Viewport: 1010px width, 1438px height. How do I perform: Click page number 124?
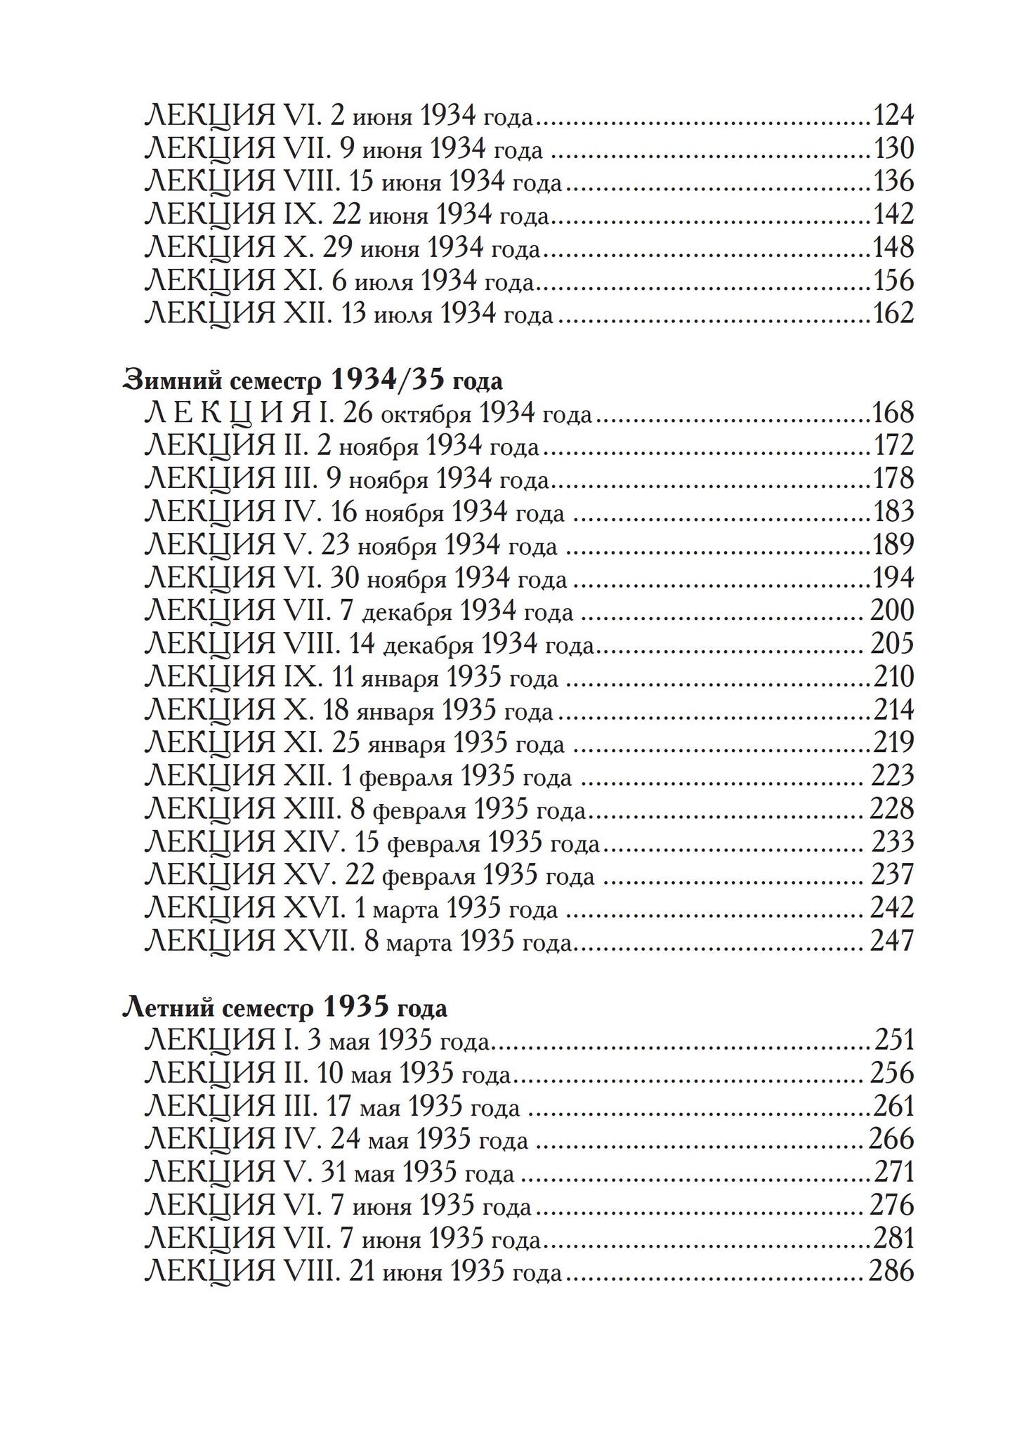click(x=893, y=115)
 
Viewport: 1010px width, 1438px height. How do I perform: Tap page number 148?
click(x=893, y=248)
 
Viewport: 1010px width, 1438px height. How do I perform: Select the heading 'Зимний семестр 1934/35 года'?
click(x=313, y=380)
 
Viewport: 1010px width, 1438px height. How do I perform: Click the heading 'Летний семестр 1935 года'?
click(x=284, y=1008)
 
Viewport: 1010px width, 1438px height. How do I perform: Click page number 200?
click(x=892, y=611)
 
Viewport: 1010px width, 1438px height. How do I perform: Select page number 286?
click(x=892, y=1272)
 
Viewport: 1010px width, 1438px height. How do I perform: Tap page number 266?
click(x=892, y=1139)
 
